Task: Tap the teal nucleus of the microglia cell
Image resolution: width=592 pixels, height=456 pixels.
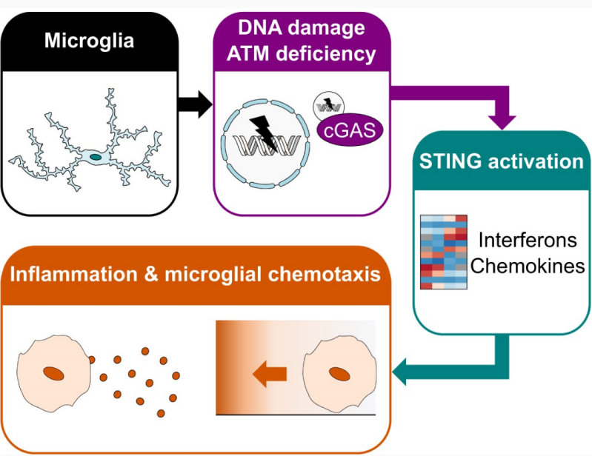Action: click(96, 157)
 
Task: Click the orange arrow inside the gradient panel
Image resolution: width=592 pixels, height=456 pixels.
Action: click(270, 375)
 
